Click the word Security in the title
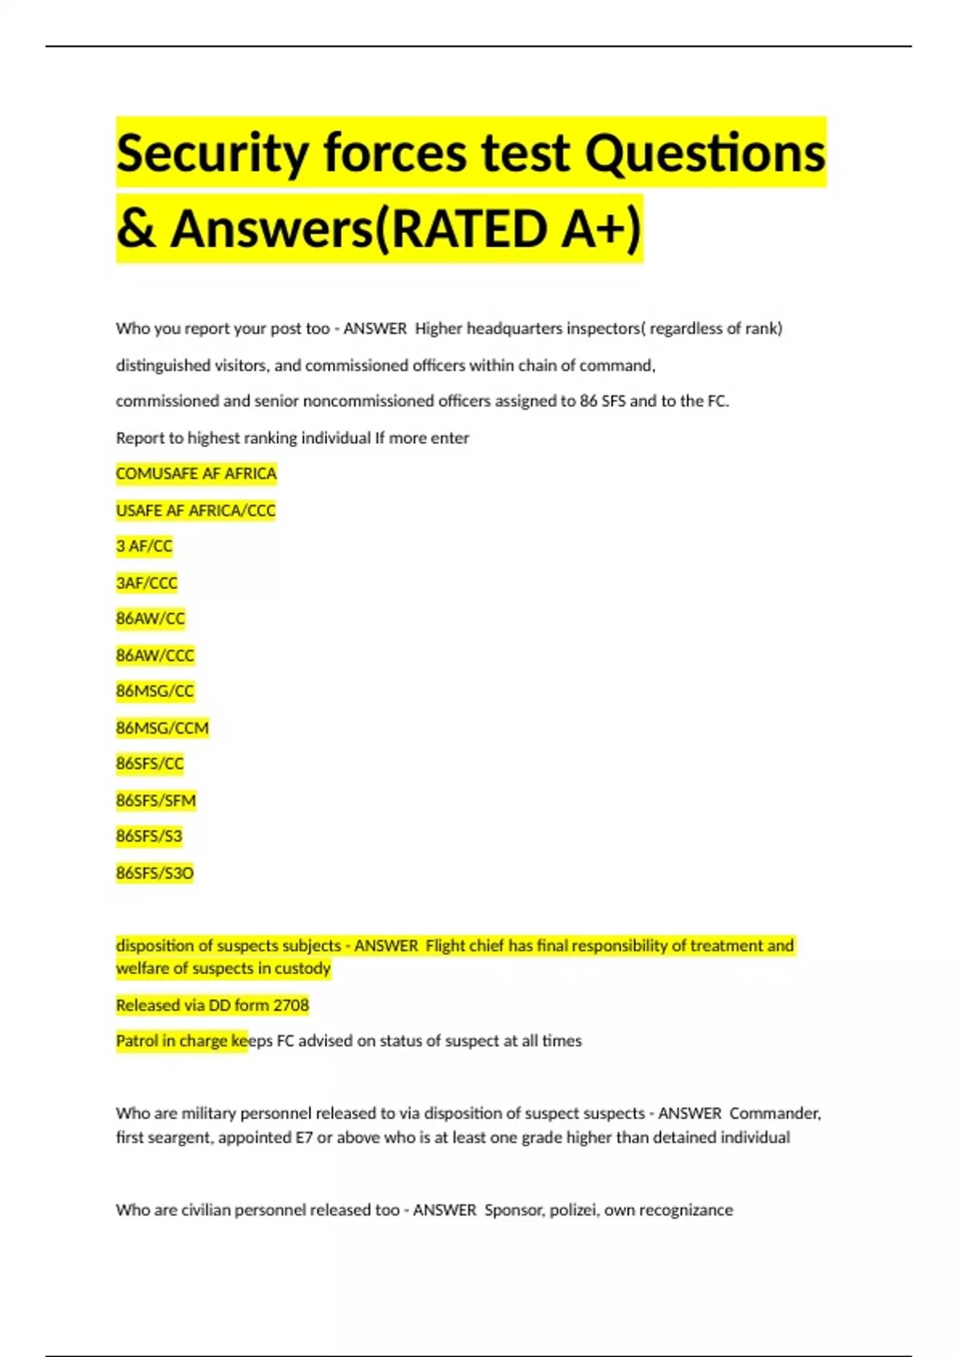[x=212, y=153]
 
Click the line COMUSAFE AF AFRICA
[x=196, y=473]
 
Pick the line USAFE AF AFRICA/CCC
[x=196, y=510]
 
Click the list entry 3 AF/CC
[x=144, y=546]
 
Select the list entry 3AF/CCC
[x=146, y=583]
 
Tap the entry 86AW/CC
[x=150, y=619]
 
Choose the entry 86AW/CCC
[x=155, y=655]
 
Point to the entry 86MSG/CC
[x=155, y=691]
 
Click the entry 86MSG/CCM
[x=162, y=728]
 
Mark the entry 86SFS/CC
[x=149, y=764]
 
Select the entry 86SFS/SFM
[x=156, y=801]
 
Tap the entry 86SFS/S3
[x=148, y=837]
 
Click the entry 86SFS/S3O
[x=154, y=873]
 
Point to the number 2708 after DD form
[x=291, y=1005]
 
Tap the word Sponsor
[x=515, y=1210]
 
